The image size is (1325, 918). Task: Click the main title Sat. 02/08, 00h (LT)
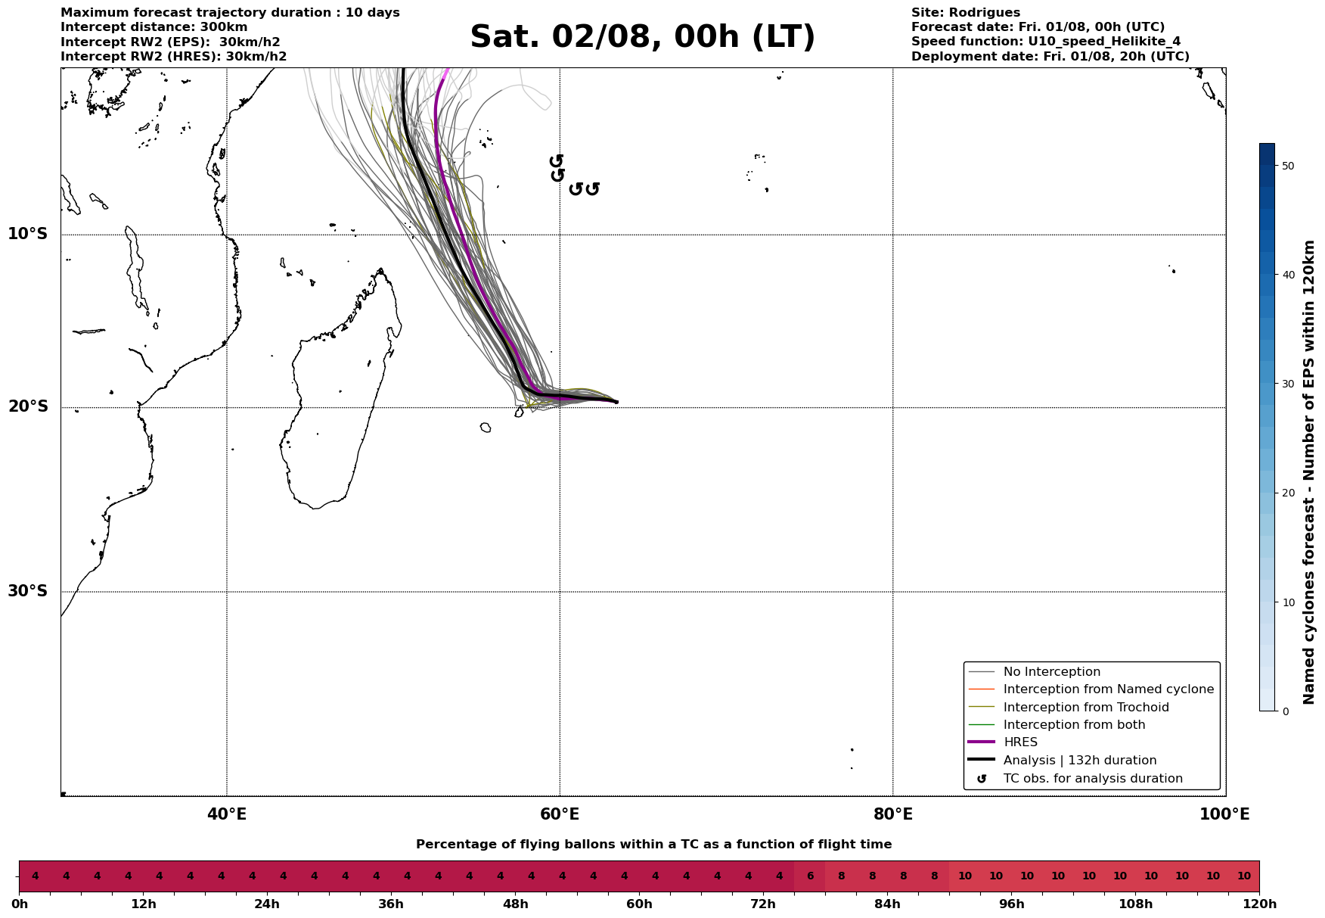coord(642,37)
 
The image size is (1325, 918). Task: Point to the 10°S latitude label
coord(27,234)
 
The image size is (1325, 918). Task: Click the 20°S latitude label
coord(27,407)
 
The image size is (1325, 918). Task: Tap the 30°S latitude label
coord(27,591)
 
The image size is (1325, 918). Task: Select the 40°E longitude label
coord(226,814)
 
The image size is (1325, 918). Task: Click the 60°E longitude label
coord(560,814)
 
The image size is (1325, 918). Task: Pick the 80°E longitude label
coord(892,814)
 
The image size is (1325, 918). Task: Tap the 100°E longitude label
coord(1224,814)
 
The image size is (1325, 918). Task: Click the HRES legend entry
coord(1020,742)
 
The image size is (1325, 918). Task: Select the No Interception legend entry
coord(1051,672)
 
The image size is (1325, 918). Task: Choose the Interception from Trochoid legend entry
coord(1085,708)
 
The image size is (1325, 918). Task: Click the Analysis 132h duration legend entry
coord(1079,761)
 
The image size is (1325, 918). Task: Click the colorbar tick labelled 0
coord(1286,711)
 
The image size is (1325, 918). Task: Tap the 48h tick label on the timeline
coord(515,904)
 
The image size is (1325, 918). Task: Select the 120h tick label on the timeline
coord(1259,904)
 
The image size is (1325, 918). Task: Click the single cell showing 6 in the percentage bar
coord(810,876)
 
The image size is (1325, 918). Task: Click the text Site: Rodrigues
coord(965,13)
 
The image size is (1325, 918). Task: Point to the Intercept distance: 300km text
coord(154,27)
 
